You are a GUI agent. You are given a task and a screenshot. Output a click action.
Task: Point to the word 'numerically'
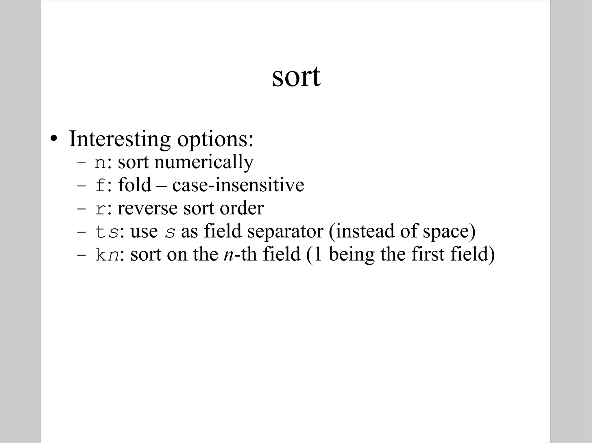(x=204, y=162)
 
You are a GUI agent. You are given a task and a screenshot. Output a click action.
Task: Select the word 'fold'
(x=134, y=185)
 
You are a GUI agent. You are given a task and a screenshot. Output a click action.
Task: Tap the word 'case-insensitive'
(x=238, y=185)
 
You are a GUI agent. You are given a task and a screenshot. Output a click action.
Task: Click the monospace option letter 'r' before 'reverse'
(x=101, y=209)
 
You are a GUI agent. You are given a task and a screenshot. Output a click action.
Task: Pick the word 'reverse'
(x=148, y=208)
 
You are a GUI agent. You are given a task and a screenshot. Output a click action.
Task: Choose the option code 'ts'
(x=107, y=232)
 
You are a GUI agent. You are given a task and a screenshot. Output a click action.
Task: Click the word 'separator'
(x=285, y=232)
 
